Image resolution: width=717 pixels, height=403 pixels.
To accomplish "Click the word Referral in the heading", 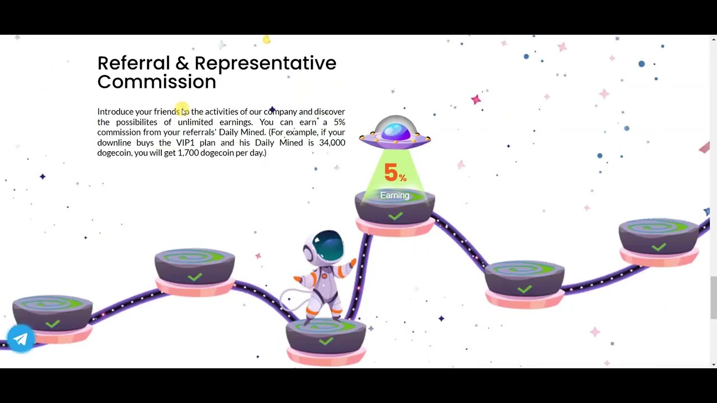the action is coord(133,63).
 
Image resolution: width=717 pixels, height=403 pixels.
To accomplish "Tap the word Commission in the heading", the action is coord(157,82).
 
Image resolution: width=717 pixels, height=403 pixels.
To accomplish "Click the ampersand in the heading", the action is coord(182,63).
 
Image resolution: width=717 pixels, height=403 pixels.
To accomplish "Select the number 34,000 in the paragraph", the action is coord(332,143).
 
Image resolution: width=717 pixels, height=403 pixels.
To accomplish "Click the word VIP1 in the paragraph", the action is coord(185,143).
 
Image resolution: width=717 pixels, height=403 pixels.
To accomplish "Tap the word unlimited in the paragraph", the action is coord(195,122).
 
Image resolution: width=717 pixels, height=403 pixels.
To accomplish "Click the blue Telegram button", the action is coord(21,339).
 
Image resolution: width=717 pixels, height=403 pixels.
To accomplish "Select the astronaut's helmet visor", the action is coord(328,245).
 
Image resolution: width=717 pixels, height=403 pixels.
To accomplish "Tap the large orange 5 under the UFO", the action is coord(391,172).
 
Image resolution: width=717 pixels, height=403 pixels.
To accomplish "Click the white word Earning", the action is coord(395,195).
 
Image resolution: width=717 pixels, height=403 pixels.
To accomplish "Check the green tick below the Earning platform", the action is coord(395,216).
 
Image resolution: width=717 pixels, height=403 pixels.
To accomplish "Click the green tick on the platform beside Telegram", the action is coord(53,324).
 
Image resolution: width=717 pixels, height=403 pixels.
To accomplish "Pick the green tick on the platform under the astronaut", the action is coord(326,341).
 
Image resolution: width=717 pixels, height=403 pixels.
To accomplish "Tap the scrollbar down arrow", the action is coord(714,364).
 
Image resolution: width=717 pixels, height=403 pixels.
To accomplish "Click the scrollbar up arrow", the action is coord(714,39).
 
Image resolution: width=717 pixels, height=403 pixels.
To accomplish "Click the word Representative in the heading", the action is coord(266,63).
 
